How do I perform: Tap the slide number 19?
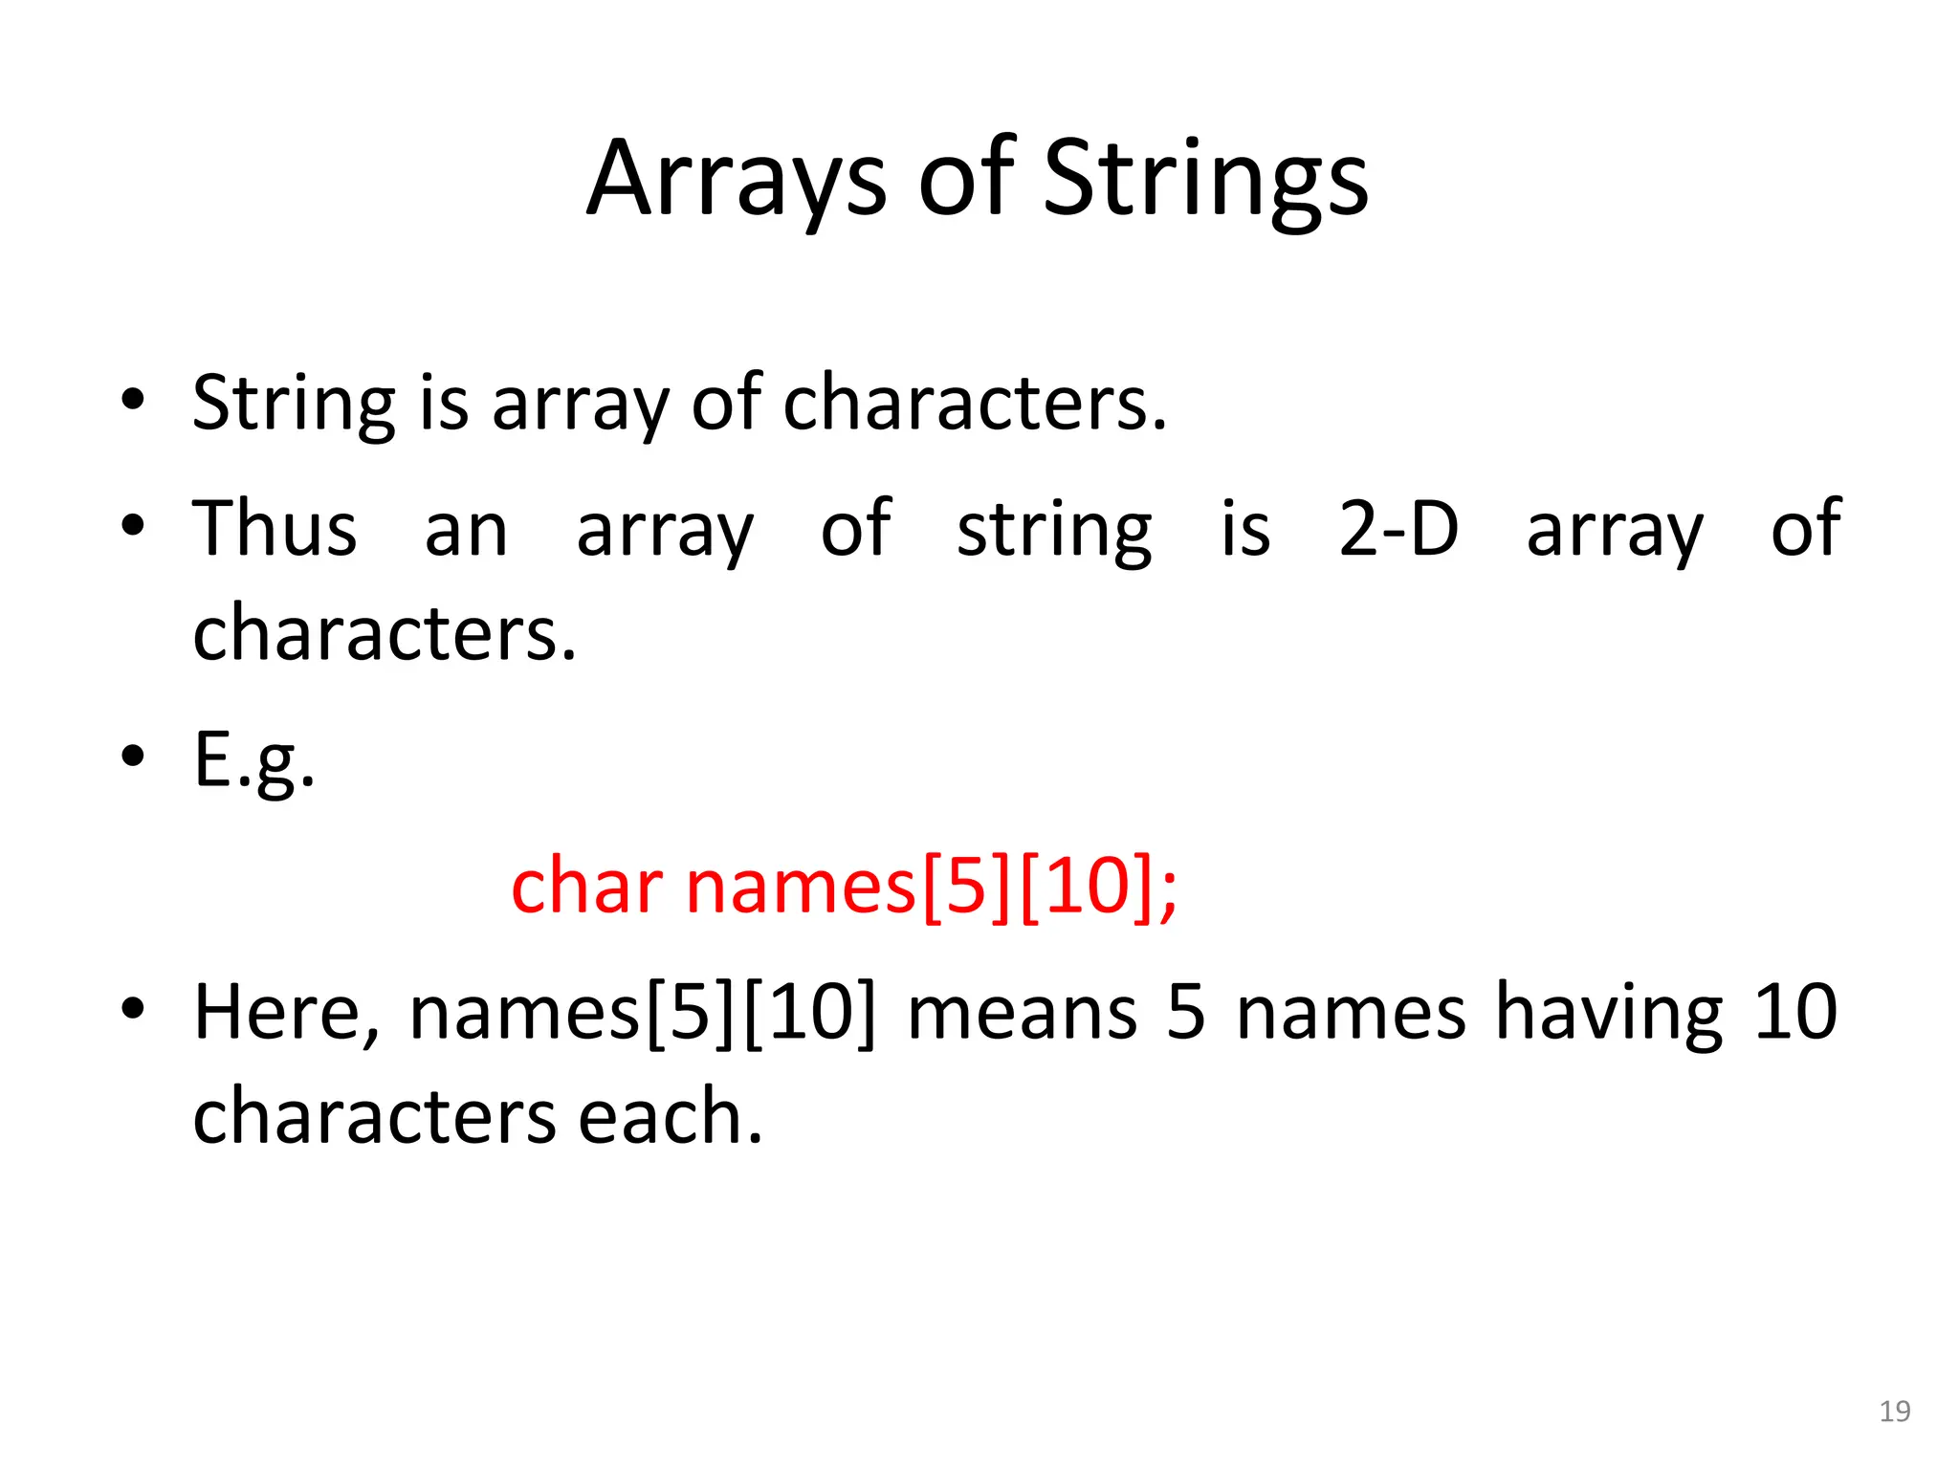point(1894,1412)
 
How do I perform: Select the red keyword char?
point(586,887)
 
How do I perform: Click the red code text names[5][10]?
point(932,887)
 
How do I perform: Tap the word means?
point(1022,1013)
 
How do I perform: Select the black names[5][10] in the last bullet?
point(642,1013)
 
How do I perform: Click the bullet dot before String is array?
point(133,401)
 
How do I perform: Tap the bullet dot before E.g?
point(133,756)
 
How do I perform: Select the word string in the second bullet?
point(1054,531)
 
